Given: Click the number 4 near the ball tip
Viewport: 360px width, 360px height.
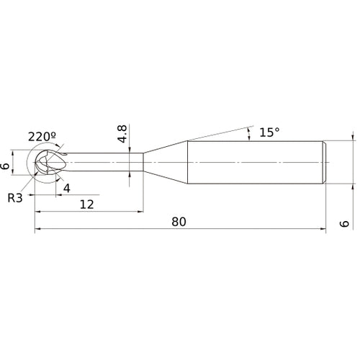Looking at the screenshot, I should point(66,189).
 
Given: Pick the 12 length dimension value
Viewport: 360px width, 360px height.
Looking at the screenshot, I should point(87,204).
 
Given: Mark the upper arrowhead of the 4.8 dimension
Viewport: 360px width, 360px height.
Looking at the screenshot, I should point(127,150).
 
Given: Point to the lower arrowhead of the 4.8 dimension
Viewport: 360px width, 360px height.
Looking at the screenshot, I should point(127,174).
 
